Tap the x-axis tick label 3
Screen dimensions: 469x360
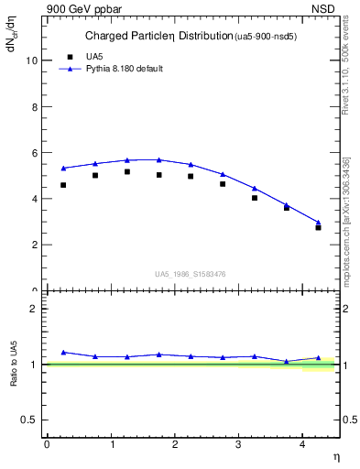238,444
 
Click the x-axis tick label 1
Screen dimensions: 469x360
111,444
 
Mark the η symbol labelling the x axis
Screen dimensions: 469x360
335,456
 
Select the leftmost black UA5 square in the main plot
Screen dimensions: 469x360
63,185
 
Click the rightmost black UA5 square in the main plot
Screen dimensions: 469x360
318,227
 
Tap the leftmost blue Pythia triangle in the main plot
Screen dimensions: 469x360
63,169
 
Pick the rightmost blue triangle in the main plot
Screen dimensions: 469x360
318,222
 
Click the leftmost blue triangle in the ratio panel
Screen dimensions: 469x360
63,352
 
